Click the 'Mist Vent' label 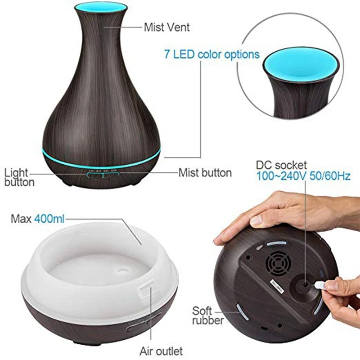pyautogui.click(x=166, y=27)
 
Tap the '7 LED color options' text pyautogui.click(x=211, y=54)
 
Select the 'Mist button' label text pyautogui.click(x=205, y=173)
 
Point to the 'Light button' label pyautogui.click(x=19, y=177)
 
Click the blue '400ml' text pyautogui.click(x=49, y=219)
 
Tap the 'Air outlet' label pyautogui.click(x=161, y=351)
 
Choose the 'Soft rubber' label pyautogui.click(x=207, y=315)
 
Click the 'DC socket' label pyautogui.click(x=281, y=165)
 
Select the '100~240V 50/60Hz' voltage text pyautogui.click(x=303, y=176)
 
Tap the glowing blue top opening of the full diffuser pyautogui.click(x=100, y=8)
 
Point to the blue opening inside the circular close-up pyautogui.click(x=301, y=63)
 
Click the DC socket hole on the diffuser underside pyautogui.click(x=305, y=284)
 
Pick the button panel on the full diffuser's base pyautogui.click(x=103, y=174)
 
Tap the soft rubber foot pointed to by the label pyautogui.click(x=242, y=311)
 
